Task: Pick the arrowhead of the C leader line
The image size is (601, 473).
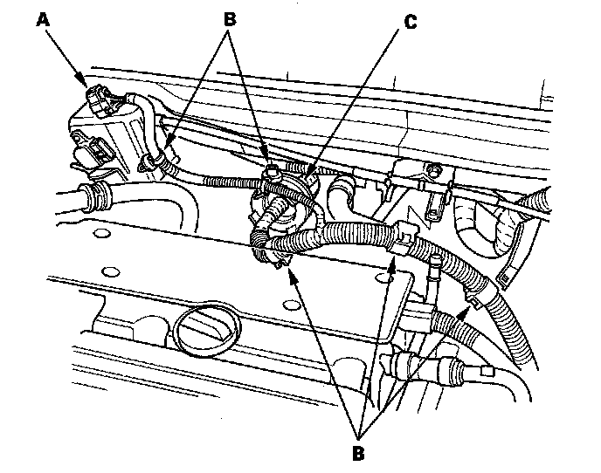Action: tap(308, 171)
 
